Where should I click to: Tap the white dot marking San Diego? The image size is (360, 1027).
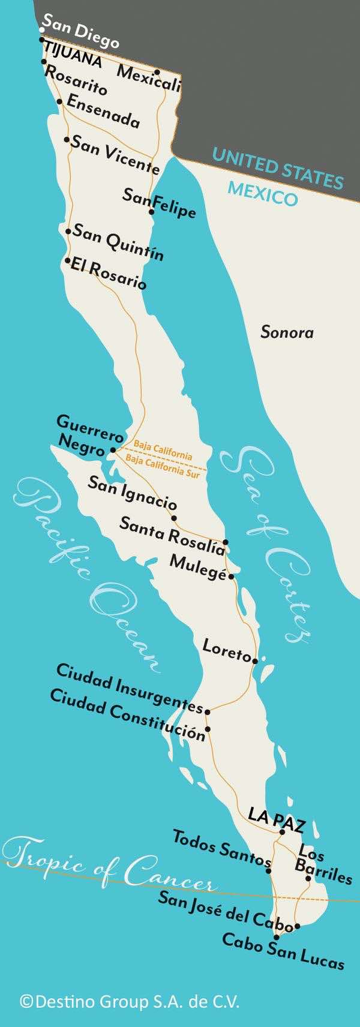[41, 29]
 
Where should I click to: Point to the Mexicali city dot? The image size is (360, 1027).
[157, 73]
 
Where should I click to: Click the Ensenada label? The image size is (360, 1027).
[103, 112]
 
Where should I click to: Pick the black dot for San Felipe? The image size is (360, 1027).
[151, 212]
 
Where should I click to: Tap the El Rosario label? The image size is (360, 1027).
[108, 273]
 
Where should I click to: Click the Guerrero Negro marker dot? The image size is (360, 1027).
[113, 449]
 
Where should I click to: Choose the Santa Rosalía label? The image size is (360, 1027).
[173, 535]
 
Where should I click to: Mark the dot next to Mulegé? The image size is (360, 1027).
[231, 576]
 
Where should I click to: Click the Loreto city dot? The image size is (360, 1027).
[255, 661]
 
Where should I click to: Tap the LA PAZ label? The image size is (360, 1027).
[276, 819]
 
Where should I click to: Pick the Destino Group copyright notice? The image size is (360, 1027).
[130, 1001]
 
